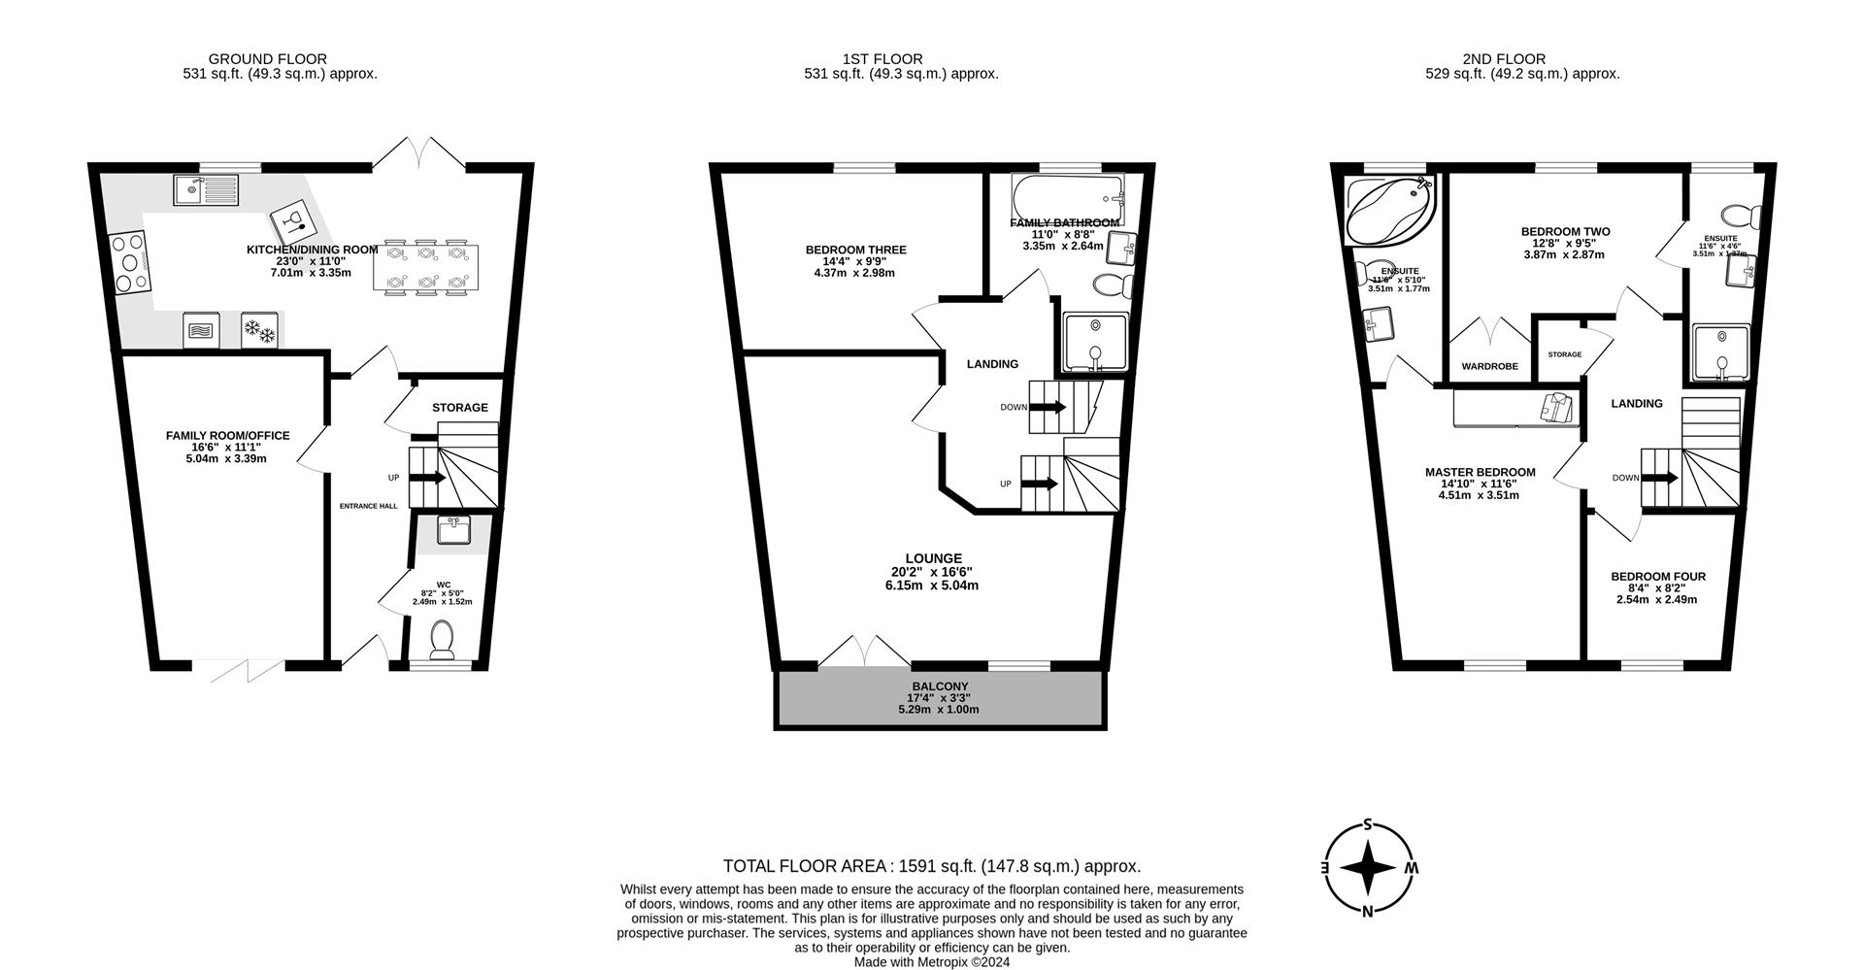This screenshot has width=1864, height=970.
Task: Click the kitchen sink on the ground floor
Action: click(206, 190)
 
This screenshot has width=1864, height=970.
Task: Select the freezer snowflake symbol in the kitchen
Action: click(259, 330)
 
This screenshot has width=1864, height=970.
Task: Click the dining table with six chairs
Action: click(426, 266)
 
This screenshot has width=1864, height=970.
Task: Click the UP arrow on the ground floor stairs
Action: click(427, 478)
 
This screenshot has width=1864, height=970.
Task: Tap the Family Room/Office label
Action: click(227, 436)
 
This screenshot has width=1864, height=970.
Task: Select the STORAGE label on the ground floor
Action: click(459, 408)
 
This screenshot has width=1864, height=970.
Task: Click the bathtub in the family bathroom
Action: click(1066, 197)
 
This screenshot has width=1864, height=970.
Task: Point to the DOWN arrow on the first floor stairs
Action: click(1047, 407)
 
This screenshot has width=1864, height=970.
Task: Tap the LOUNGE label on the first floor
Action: click(933, 558)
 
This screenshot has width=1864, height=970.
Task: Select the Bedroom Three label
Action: click(855, 250)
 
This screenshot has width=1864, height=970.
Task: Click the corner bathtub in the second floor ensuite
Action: click(1389, 211)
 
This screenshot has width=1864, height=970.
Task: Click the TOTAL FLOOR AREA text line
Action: click(931, 866)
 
